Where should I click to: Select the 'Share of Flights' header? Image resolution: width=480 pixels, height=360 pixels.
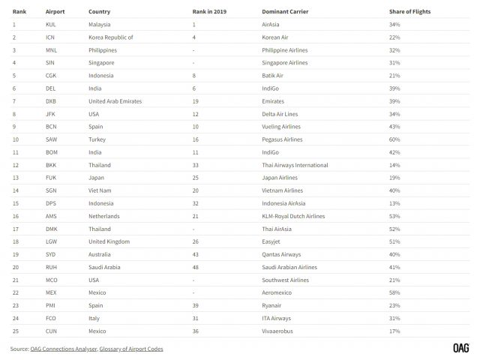(x=409, y=12)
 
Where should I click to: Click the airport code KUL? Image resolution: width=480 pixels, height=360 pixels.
(x=51, y=25)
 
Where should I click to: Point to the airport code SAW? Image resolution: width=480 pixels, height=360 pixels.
(x=51, y=139)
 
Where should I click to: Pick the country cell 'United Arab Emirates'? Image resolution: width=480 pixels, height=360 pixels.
(x=115, y=101)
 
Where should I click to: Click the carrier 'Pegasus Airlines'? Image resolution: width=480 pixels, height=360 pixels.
(x=282, y=139)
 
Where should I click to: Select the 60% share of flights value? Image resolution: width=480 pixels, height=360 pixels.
(x=394, y=139)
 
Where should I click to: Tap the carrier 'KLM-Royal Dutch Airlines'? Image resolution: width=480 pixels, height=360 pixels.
(x=293, y=216)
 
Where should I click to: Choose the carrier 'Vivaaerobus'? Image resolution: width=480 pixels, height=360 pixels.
(x=278, y=331)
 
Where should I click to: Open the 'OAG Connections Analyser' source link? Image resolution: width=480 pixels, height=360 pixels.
(x=64, y=349)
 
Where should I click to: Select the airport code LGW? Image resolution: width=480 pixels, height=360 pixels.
(x=51, y=241)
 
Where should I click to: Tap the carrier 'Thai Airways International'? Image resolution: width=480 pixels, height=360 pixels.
(x=295, y=165)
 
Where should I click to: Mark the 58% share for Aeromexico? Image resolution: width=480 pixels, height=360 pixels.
(x=394, y=292)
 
